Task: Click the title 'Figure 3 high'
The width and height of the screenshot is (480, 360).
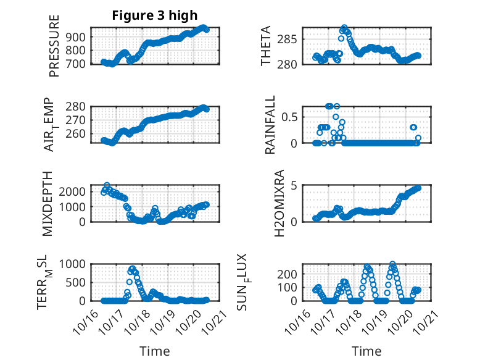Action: (154, 16)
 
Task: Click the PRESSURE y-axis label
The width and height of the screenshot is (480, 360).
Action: (54, 46)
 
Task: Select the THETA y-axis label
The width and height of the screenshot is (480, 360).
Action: (266, 46)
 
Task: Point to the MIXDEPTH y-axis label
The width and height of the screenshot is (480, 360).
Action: (48, 204)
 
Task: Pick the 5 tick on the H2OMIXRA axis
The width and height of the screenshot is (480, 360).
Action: (295, 185)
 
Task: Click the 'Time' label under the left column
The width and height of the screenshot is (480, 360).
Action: (154, 351)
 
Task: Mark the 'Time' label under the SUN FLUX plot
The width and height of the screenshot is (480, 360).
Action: (366, 351)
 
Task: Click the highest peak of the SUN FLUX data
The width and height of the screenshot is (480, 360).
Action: (393, 264)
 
